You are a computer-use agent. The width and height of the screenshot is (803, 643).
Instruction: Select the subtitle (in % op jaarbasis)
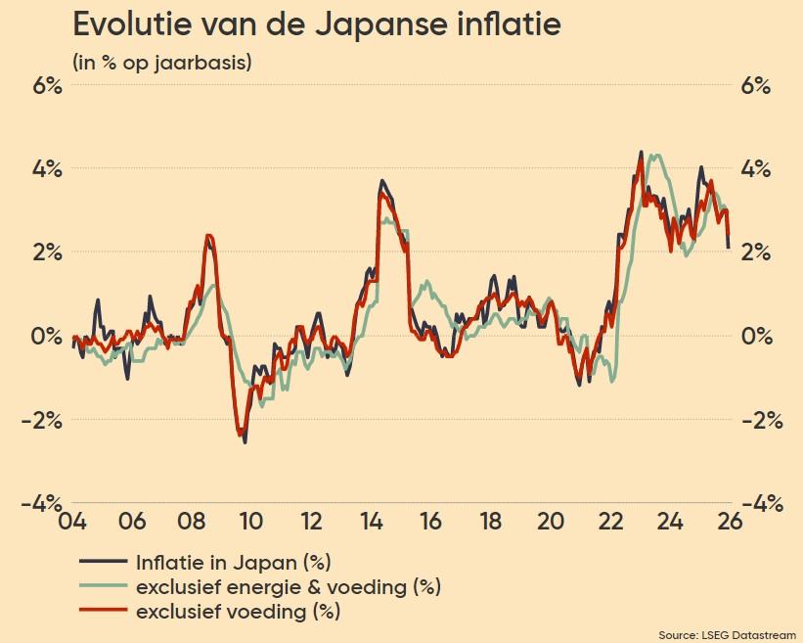coord(161,62)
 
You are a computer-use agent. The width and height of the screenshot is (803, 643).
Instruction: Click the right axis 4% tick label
coord(755,168)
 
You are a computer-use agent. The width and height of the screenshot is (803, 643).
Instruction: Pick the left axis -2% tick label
coord(41,420)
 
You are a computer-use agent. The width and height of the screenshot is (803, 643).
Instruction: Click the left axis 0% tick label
coord(46,337)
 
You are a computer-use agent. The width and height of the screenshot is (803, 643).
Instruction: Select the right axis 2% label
coord(755,253)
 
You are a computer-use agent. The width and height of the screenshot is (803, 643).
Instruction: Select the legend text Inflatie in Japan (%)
coord(234,562)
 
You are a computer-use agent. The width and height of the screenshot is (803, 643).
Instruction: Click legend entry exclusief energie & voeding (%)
coord(289,587)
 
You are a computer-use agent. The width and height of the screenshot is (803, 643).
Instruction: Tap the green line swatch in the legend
coord(103,587)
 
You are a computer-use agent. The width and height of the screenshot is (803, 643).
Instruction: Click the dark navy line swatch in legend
coord(103,562)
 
